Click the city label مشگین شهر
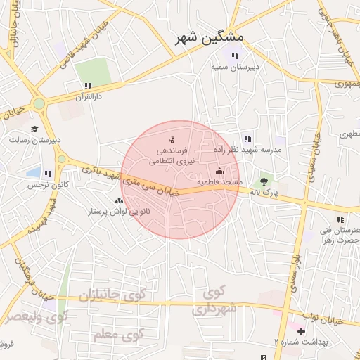pos(209,37)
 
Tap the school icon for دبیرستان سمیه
pos(235,56)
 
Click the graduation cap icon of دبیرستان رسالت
pos(35,129)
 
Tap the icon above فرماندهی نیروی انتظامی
pos(172,140)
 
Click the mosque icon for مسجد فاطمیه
pos(219,171)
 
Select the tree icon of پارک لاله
pos(264,181)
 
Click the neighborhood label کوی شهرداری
pos(214,300)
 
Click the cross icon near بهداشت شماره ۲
pos(302,330)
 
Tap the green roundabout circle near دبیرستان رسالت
pos(39,103)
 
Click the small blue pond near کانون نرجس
pos(33,172)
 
